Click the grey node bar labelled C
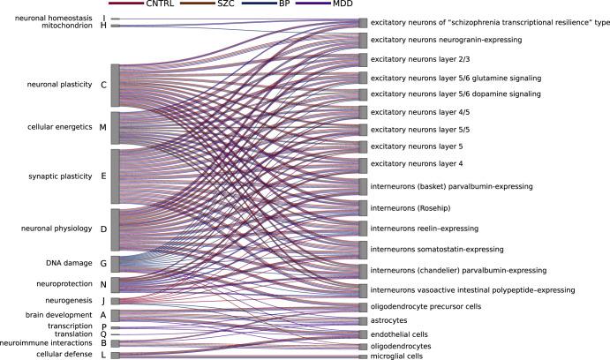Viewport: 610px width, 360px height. (116, 85)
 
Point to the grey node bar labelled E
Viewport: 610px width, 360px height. (116, 176)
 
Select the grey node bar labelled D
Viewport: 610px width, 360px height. (116, 229)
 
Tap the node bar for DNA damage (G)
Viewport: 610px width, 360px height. (116, 263)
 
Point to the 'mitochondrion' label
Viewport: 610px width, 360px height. (67, 26)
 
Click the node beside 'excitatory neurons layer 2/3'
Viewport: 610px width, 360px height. (363, 59)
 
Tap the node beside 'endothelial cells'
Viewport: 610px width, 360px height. (363, 334)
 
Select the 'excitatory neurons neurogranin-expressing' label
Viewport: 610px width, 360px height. (448, 40)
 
